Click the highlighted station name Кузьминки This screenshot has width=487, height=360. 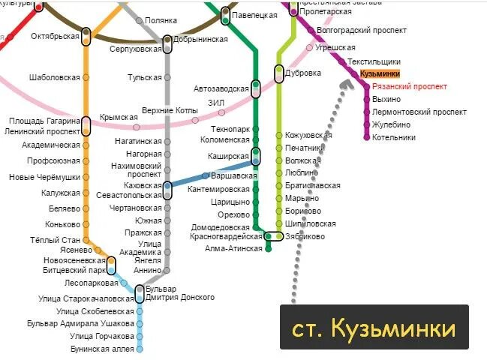(x=379, y=74)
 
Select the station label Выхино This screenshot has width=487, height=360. (x=386, y=100)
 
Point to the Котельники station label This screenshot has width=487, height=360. (x=393, y=137)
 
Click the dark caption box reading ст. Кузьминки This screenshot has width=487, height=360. (x=374, y=328)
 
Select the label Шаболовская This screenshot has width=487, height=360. (x=54, y=77)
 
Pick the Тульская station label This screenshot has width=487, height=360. (x=144, y=77)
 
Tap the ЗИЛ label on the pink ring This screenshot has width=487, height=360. (x=216, y=103)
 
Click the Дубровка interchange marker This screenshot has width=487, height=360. (x=279, y=73)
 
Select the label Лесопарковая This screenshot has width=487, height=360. (x=92, y=283)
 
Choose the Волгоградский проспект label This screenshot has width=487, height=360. (x=362, y=31)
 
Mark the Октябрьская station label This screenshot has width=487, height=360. (x=56, y=35)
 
